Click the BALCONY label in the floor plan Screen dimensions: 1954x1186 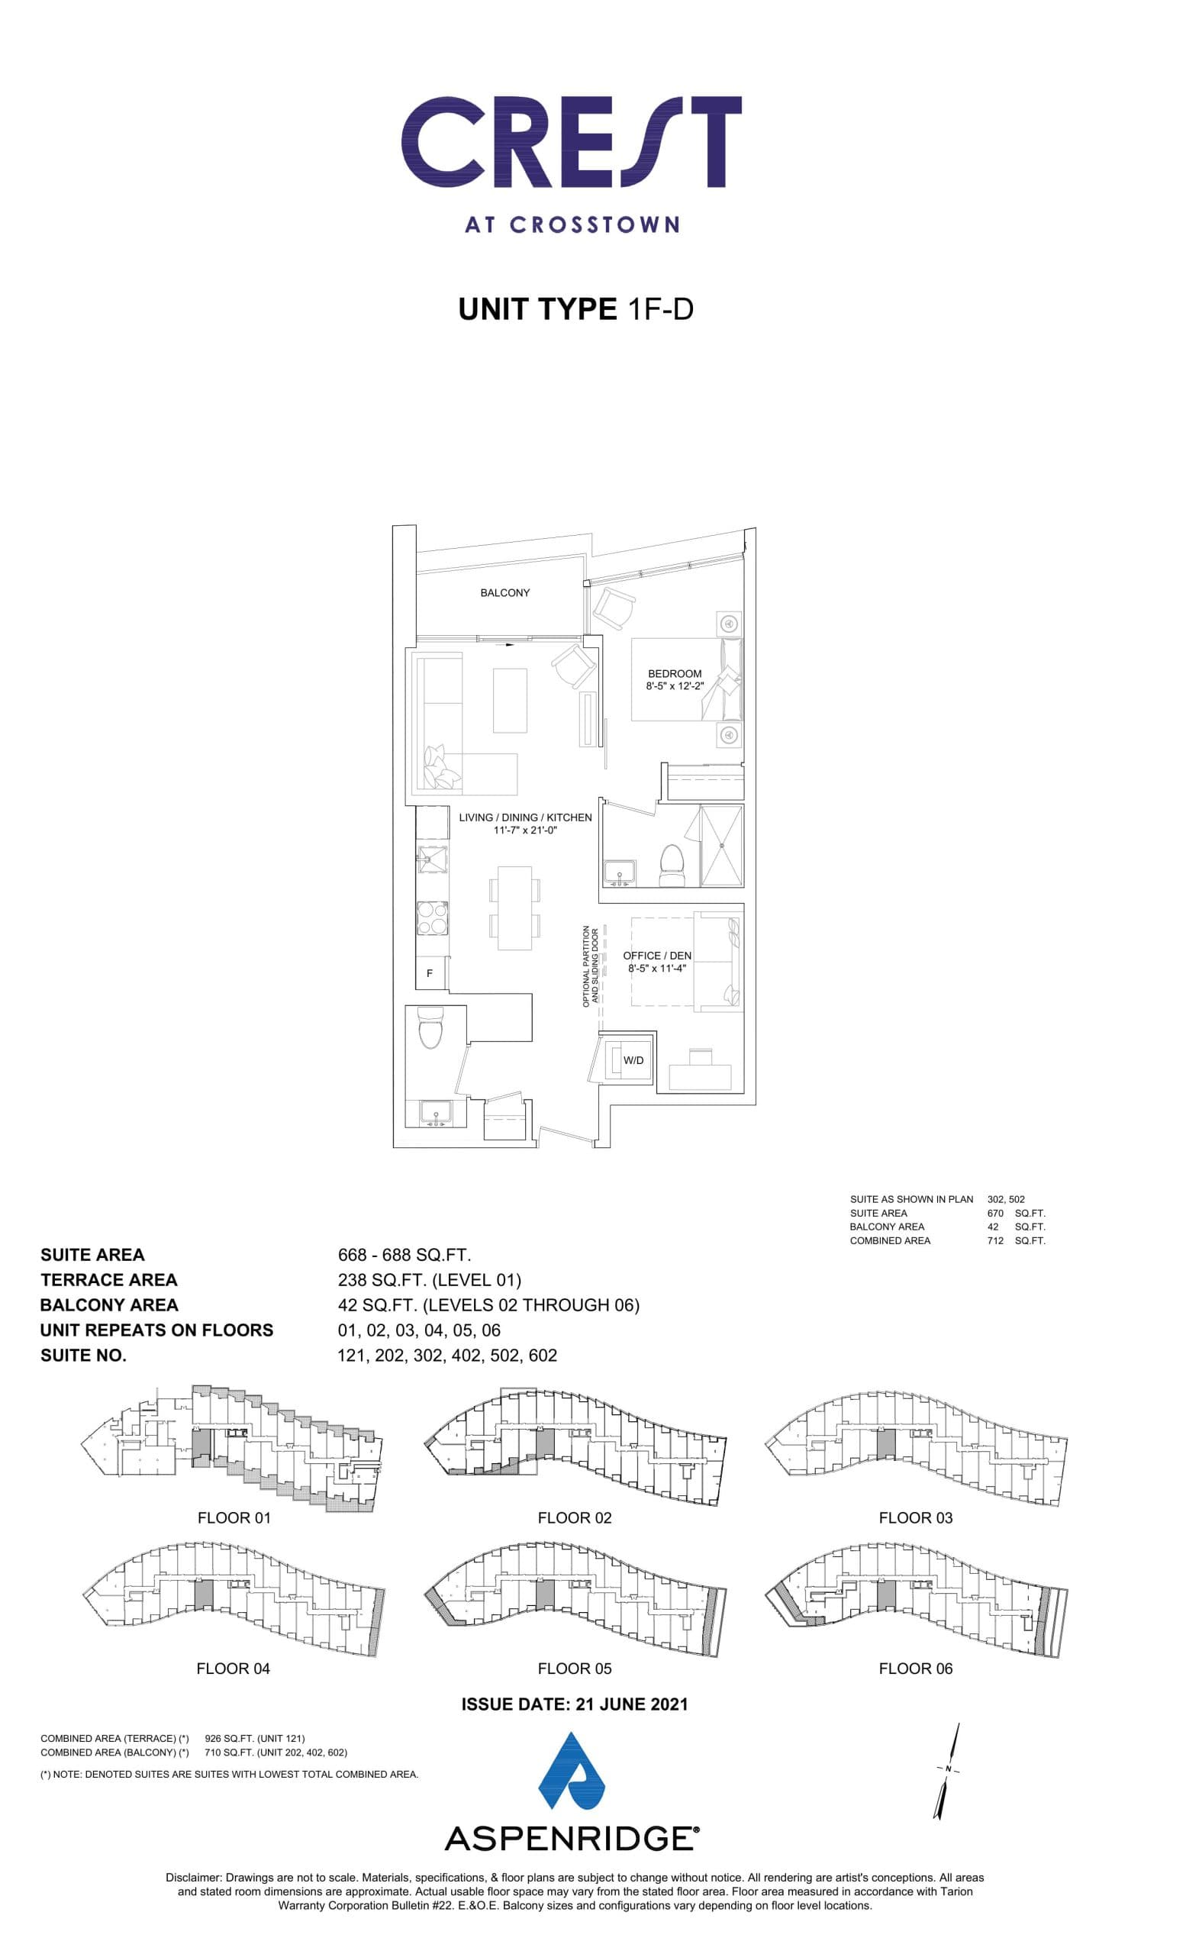click(x=504, y=592)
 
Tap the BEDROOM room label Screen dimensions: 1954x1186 click(x=674, y=673)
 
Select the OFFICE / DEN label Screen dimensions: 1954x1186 click(x=656, y=955)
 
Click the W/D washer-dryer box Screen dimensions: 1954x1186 click(x=632, y=1060)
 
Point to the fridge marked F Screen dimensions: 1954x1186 click(x=430, y=973)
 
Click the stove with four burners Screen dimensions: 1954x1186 click(x=433, y=919)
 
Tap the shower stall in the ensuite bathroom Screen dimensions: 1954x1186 click(x=721, y=846)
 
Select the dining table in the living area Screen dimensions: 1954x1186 click(x=514, y=908)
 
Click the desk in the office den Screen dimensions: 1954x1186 click(x=699, y=1076)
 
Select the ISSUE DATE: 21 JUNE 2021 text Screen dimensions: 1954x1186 click(x=574, y=1704)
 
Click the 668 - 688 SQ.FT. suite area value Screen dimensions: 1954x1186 click(x=404, y=1255)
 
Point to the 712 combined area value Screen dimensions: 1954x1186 click(x=995, y=1240)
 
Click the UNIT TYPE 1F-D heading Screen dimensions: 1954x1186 click(x=575, y=308)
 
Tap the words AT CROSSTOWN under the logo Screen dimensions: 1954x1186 click(x=572, y=224)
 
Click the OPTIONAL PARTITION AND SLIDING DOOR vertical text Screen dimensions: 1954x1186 click(x=590, y=965)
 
